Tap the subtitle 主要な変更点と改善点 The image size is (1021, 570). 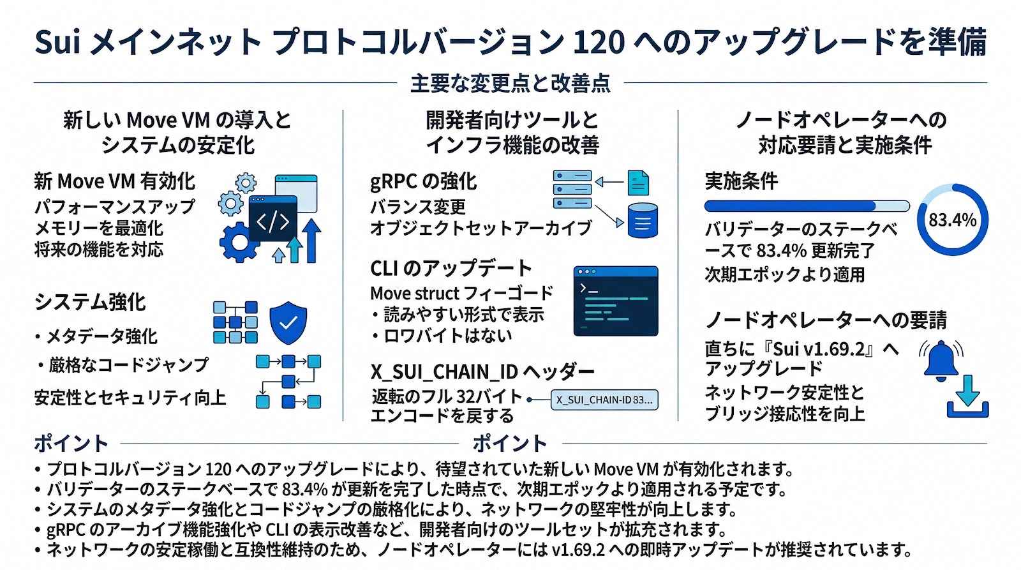click(x=510, y=83)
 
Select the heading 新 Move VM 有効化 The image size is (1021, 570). click(x=115, y=181)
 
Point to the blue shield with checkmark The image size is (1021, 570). click(x=288, y=322)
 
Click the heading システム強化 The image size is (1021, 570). click(x=90, y=302)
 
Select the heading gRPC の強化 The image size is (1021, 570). click(x=423, y=181)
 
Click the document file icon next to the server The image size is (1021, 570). click(x=638, y=183)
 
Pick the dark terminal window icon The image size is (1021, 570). click(x=615, y=301)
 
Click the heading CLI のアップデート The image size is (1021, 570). click(x=451, y=268)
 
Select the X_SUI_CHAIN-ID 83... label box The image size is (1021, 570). click(x=604, y=400)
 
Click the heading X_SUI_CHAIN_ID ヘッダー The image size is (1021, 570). click(x=482, y=371)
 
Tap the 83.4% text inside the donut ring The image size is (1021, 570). click(x=952, y=220)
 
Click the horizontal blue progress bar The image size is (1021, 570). click(x=807, y=206)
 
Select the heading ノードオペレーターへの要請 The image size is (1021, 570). click(x=826, y=320)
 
